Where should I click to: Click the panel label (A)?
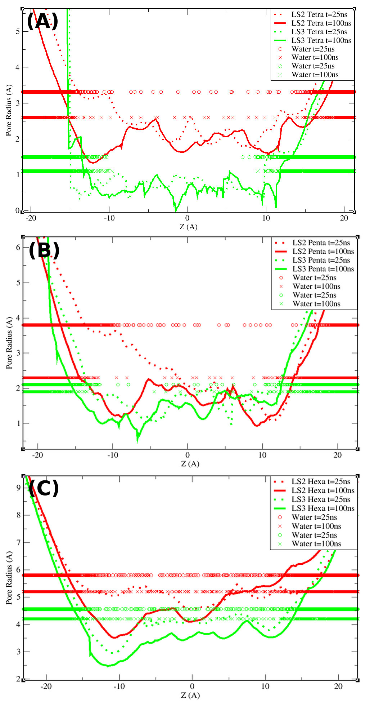[x=42, y=22]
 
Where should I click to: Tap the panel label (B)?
[x=44, y=250]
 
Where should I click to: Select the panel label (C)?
[x=44, y=489]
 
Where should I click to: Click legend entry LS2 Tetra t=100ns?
[x=321, y=23]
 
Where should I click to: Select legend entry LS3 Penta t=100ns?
[x=323, y=269]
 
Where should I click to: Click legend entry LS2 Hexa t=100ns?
[x=323, y=490]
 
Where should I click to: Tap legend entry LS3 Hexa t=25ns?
[x=321, y=499]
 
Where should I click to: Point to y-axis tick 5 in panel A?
[x=17, y=32]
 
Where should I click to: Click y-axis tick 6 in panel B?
[x=18, y=248]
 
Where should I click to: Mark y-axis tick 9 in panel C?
[x=18, y=488]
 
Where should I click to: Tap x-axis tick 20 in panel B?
[x=337, y=455]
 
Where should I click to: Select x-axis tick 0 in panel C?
[x=192, y=686]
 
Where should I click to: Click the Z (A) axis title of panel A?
[x=188, y=227]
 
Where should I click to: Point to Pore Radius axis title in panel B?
[x=9, y=342]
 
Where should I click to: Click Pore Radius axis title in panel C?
[x=9, y=578]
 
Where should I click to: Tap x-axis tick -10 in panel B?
[x=112, y=455]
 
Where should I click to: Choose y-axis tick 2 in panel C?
[x=18, y=679]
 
